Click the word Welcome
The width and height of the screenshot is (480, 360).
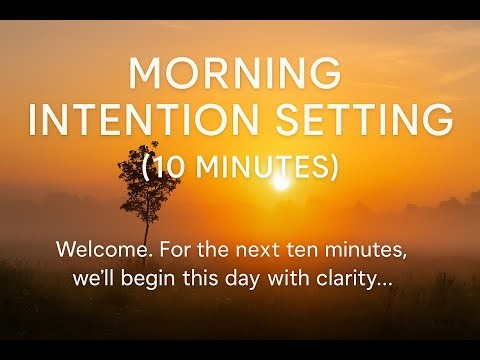[x=99, y=247]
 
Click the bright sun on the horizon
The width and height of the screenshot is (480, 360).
[x=279, y=183]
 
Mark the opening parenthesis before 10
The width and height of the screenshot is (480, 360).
[x=147, y=167]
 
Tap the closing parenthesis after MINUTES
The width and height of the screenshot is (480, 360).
[x=332, y=167]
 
